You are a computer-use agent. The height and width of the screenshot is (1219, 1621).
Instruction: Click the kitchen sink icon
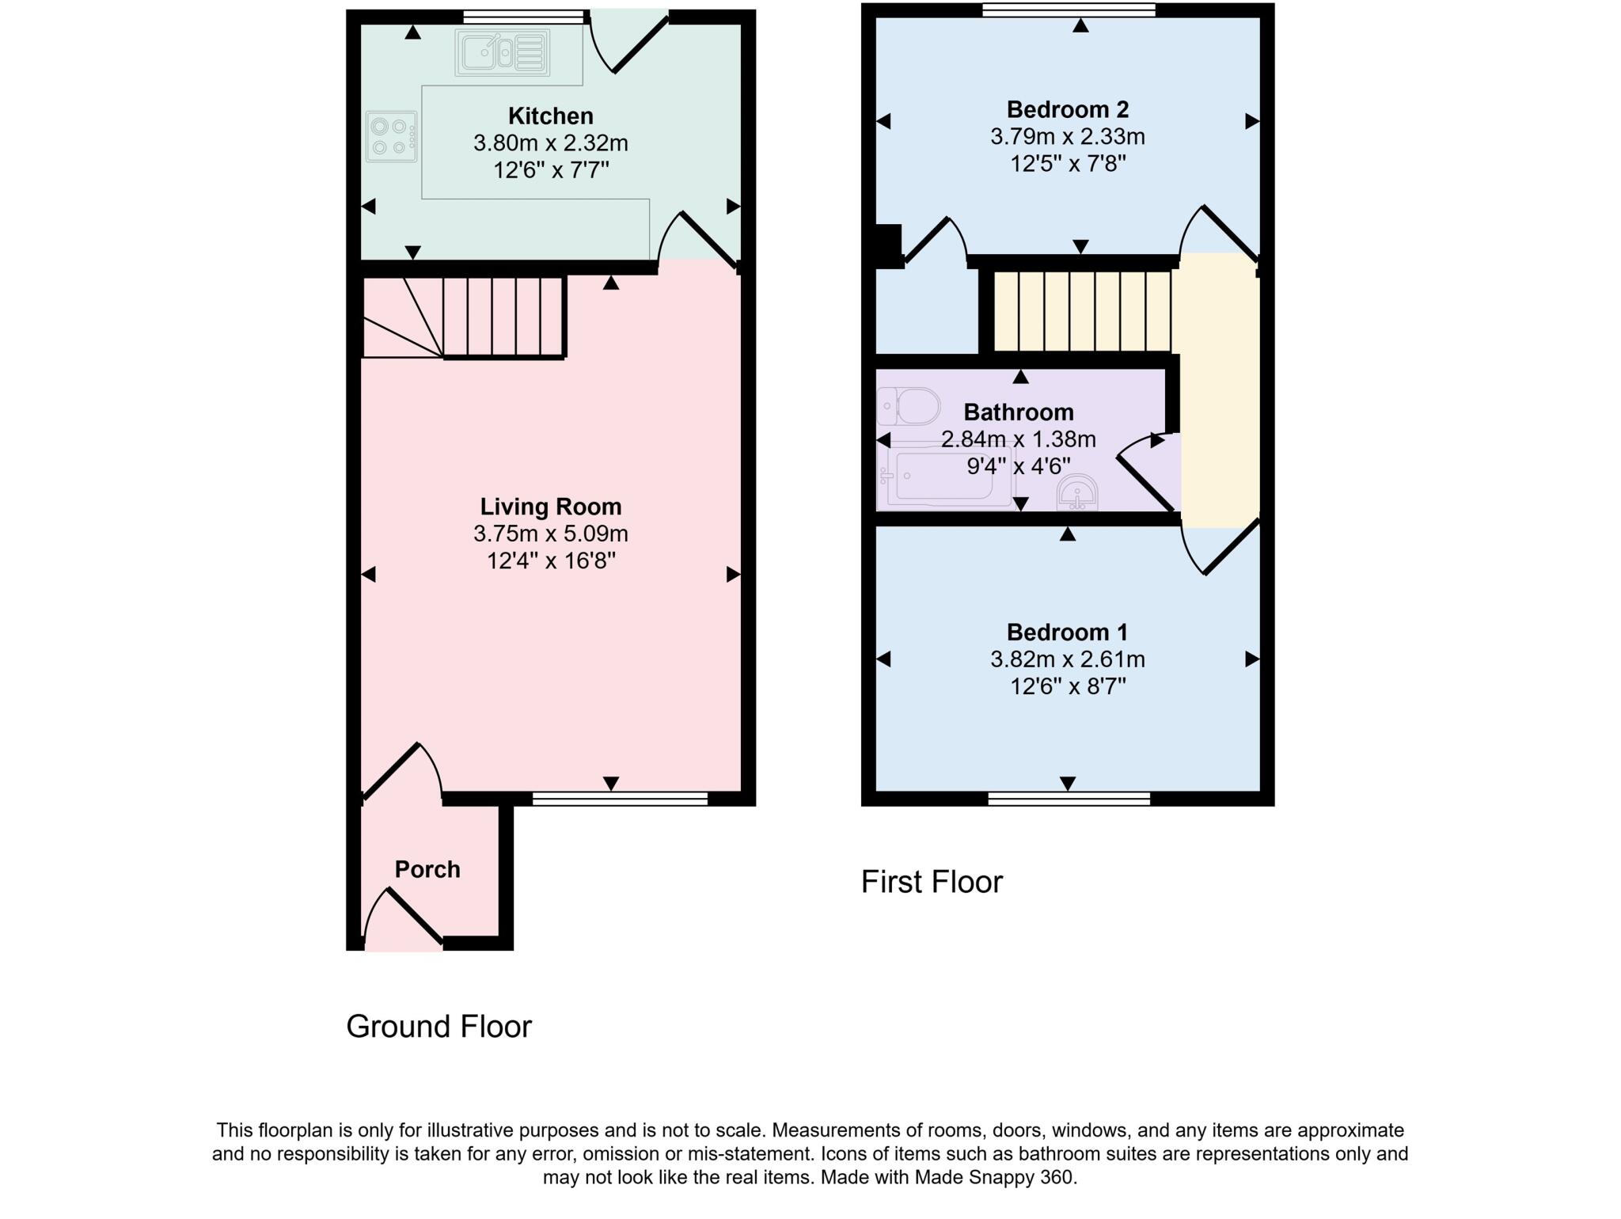pos(502,53)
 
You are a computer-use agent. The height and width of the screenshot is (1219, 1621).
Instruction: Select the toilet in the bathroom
pos(908,407)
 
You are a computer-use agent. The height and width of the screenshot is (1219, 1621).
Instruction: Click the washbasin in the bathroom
pos(1077,493)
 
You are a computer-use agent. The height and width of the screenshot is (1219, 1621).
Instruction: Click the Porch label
pos(427,869)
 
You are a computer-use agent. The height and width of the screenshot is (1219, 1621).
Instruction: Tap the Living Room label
pos(551,507)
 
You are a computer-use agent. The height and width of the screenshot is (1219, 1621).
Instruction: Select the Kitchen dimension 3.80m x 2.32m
pos(551,143)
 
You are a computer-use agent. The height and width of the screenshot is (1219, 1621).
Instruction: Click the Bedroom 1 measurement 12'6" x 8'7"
pos(1068,686)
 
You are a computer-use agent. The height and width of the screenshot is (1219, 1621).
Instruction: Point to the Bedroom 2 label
pos(1068,109)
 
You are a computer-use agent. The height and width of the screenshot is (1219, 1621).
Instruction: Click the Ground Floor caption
pos(439,1027)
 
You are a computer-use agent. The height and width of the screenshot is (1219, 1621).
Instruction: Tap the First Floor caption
pos(932,882)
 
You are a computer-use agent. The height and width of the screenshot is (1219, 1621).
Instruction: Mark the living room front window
pos(620,799)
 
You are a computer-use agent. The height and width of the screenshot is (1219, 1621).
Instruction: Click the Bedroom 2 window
pos(1069,9)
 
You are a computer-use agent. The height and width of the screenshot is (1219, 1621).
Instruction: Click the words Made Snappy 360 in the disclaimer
pos(995,1177)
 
